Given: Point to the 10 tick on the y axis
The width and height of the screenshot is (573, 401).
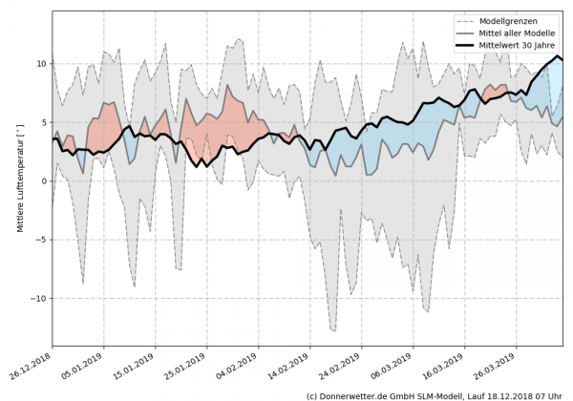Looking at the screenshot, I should pos(40,64).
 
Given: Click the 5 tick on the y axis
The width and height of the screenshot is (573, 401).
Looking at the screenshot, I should pos(43,122).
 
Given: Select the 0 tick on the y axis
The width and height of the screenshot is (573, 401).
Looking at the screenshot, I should pos(43,181).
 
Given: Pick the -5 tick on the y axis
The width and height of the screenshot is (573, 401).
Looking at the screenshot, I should pos(40,240).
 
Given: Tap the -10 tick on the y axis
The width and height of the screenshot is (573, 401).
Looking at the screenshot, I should pos(38,299).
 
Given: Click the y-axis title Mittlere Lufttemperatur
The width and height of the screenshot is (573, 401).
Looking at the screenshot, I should pos(19,181).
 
